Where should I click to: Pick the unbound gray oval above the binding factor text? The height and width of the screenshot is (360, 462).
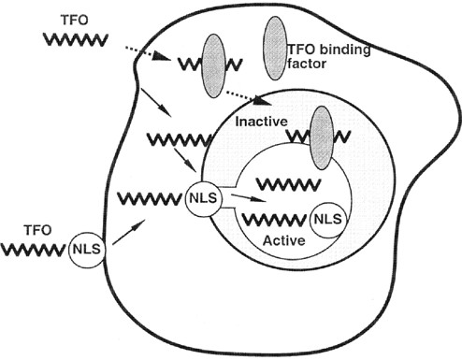(274, 41)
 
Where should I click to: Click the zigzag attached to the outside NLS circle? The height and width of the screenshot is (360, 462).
(34, 249)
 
